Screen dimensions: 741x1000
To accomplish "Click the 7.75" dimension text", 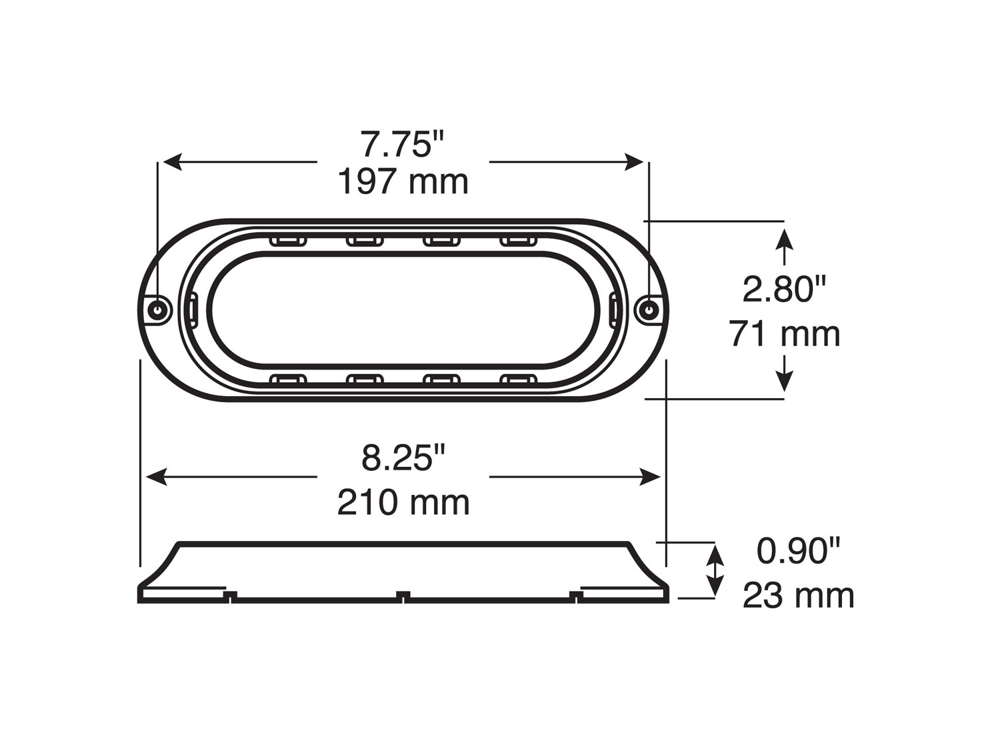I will click(x=402, y=144).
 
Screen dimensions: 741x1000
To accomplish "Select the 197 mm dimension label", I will click(x=403, y=181).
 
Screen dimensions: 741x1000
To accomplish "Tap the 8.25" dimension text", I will click(x=403, y=458).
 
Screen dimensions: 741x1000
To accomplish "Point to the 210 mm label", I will click(x=403, y=502).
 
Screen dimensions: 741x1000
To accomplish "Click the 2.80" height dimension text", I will click(x=784, y=290).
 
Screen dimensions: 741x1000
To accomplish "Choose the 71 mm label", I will click(x=784, y=333).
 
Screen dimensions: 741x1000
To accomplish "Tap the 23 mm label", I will click(x=798, y=596).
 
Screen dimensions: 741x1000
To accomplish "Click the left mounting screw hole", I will click(x=158, y=309).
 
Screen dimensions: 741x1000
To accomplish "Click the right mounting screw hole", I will click(x=648, y=309).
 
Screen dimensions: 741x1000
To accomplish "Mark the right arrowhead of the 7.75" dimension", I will click(x=634, y=162).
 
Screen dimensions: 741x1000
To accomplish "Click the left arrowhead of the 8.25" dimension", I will click(x=155, y=477).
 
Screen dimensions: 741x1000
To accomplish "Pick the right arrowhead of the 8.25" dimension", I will click(x=651, y=477).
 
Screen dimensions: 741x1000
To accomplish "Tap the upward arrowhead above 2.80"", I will click(x=785, y=239).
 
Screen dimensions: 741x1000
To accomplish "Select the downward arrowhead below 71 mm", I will click(x=785, y=382).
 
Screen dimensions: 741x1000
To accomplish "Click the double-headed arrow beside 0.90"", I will click(x=715, y=571).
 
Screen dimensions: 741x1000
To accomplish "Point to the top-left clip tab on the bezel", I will click(x=288, y=241).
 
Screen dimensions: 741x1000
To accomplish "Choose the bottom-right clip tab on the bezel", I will click(x=518, y=381).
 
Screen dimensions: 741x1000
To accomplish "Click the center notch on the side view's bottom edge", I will click(x=403, y=595).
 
